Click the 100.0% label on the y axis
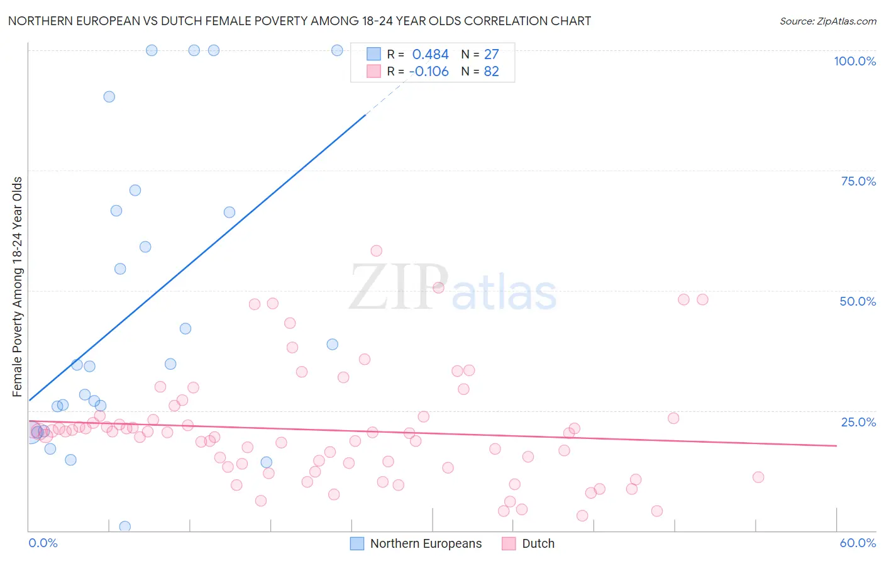854,61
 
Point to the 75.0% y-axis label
858,181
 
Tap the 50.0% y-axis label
858,301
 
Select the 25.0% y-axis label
858,421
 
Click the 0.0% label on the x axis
43,543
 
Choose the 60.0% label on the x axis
858,543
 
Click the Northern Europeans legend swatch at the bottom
357,543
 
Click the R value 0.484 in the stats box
430,55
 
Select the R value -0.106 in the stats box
429,72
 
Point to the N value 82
491,72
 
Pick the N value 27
491,55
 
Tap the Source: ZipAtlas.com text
827,21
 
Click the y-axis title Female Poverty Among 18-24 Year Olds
18,287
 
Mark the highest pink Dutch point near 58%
376,251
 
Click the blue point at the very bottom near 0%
125,526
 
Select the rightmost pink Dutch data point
758,477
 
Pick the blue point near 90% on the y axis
109,97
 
